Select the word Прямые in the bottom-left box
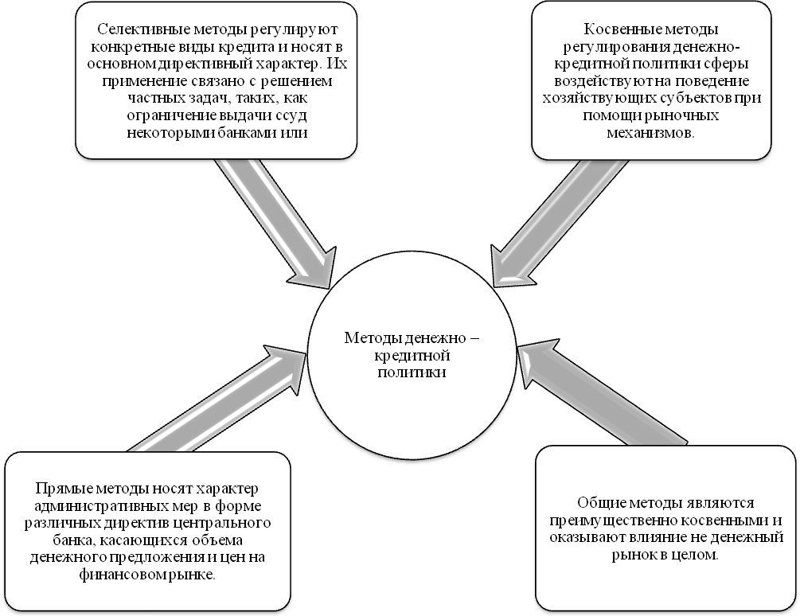[59, 488]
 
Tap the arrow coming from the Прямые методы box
[215, 398]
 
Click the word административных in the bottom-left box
[99, 505]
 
